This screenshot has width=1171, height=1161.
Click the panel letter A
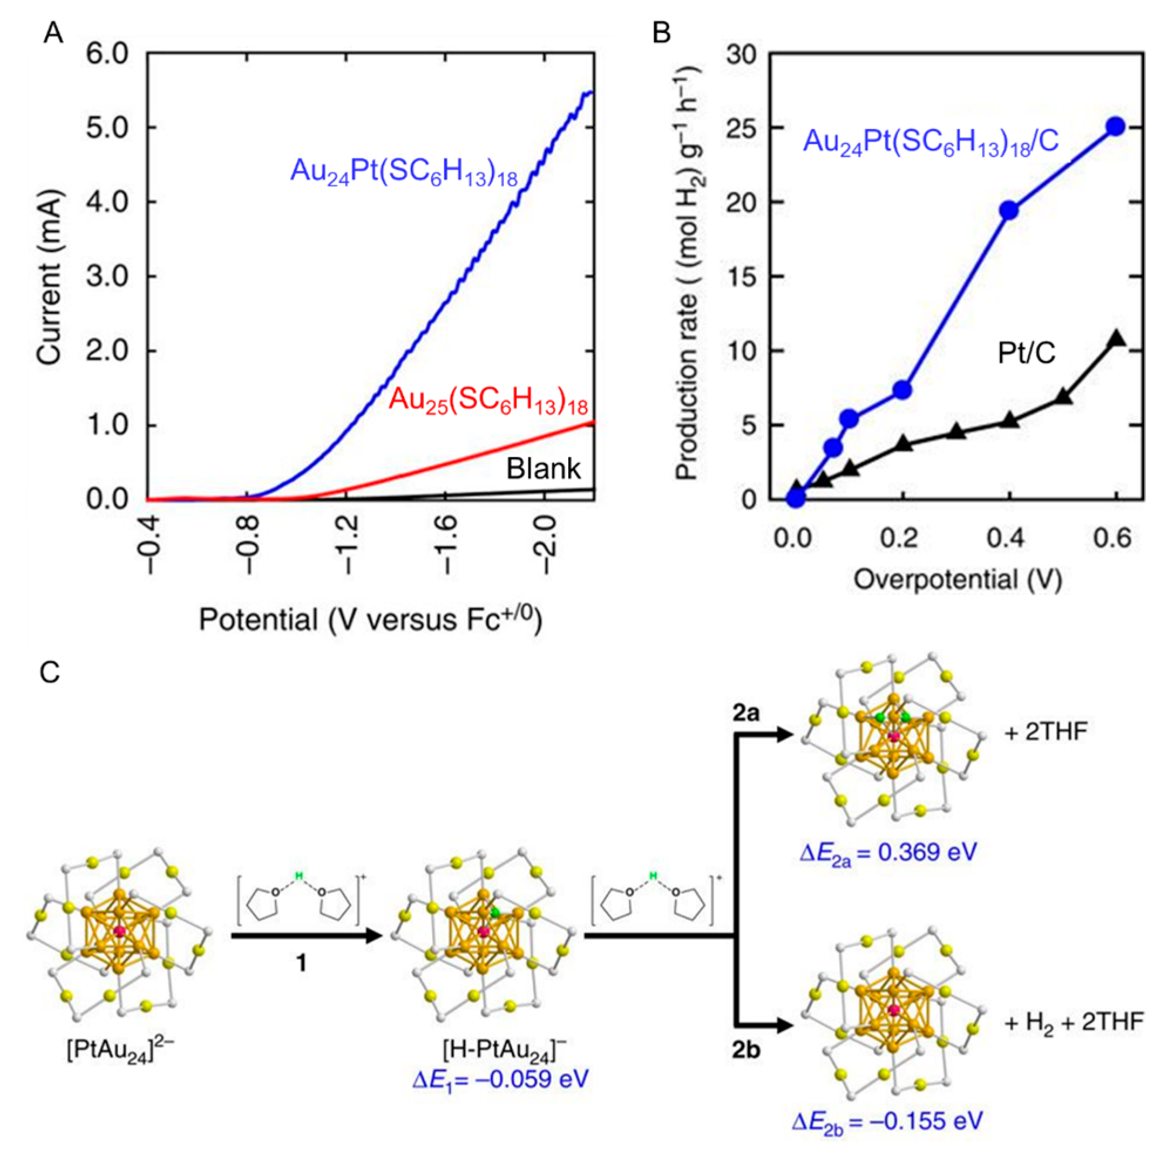click(x=53, y=33)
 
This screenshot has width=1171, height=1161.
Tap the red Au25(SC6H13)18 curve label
click(x=488, y=401)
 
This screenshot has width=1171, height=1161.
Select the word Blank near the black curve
click(x=543, y=468)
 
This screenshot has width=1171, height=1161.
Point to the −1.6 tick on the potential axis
click(x=446, y=538)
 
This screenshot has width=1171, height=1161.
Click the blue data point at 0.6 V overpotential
click(x=1115, y=127)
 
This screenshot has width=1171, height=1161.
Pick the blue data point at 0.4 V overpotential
click(x=1009, y=211)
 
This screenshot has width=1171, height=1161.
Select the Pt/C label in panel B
click(x=1027, y=354)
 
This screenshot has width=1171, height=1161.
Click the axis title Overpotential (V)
click(x=958, y=579)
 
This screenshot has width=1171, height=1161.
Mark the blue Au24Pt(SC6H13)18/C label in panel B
click(x=931, y=142)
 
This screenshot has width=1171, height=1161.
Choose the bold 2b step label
click(x=745, y=1050)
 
